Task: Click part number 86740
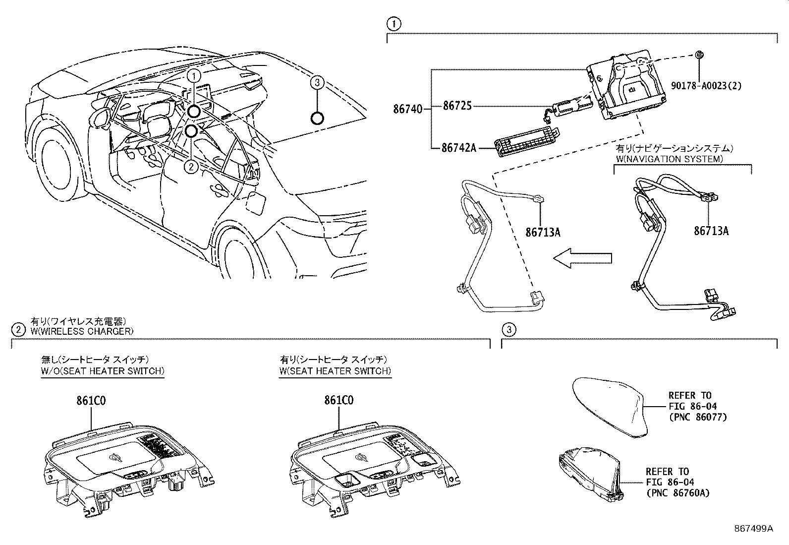click(407, 108)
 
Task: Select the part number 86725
click(457, 106)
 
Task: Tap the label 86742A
click(459, 148)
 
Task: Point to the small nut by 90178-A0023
click(699, 55)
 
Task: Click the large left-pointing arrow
click(582, 258)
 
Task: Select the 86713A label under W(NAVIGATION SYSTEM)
click(711, 231)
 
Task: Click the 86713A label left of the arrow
click(543, 232)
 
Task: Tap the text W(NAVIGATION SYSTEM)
click(669, 159)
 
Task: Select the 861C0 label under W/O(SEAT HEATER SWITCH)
click(91, 401)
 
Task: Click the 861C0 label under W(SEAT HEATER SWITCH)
click(339, 401)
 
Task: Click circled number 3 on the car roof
click(317, 82)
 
